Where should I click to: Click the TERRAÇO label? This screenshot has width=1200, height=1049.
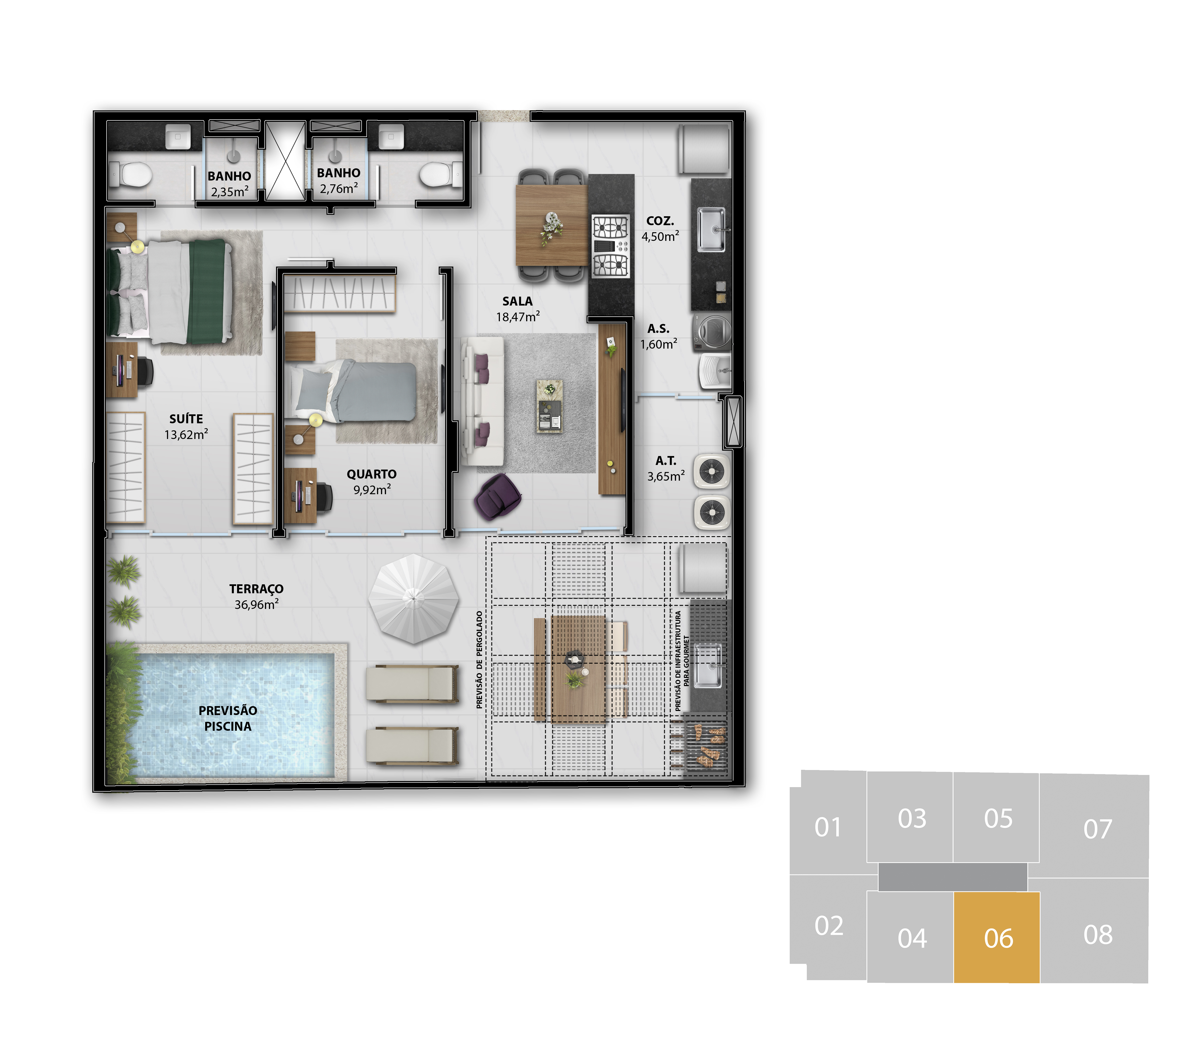tap(256, 589)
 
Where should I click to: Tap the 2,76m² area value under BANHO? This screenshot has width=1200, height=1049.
tap(339, 188)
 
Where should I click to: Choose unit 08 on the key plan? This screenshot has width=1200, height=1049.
tap(1097, 935)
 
